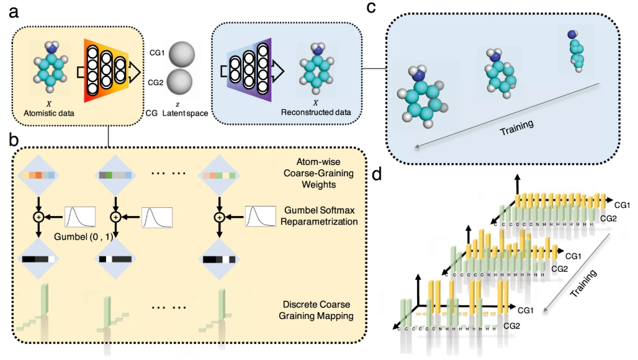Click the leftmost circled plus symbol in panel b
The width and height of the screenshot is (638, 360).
[38, 217]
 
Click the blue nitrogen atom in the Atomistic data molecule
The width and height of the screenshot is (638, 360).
[54, 47]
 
